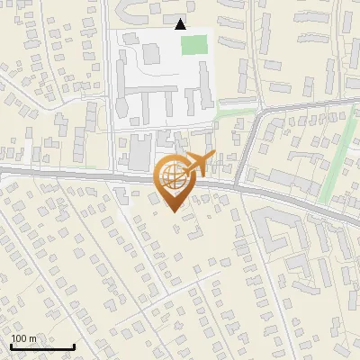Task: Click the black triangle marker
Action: tap(181, 24)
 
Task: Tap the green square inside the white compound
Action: tap(193, 44)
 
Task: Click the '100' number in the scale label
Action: tap(18, 338)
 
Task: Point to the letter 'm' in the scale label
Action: tap(32, 338)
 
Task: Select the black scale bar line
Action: tap(42, 346)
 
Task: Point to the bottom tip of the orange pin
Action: tap(172, 211)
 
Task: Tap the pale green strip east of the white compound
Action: tap(236, 112)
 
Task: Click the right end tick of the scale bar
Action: tap(74, 346)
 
